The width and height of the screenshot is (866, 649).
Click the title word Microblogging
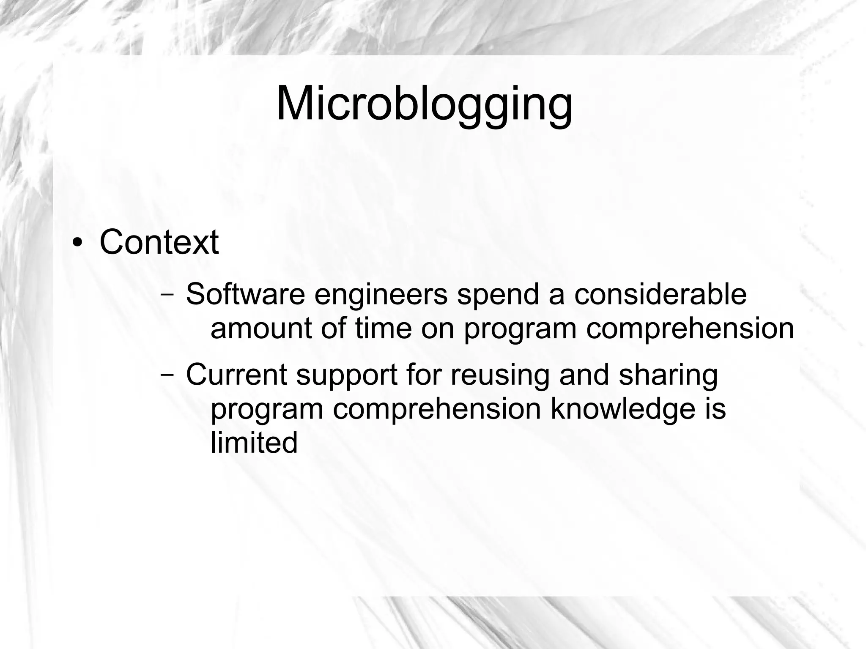pyautogui.click(x=424, y=104)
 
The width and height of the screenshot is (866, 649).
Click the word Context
pyautogui.click(x=159, y=242)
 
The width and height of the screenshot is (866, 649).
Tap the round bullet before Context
pyautogui.click(x=77, y=244)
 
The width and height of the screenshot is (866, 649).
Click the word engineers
pyautogui.click(x=381, y=295)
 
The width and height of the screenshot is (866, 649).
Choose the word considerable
pyautogui.click(x=660, y=294)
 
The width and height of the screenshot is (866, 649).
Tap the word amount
pyautogui.click(x=261, y=329)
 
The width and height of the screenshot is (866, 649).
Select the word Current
pyautogui.click(x=236, y=375)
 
